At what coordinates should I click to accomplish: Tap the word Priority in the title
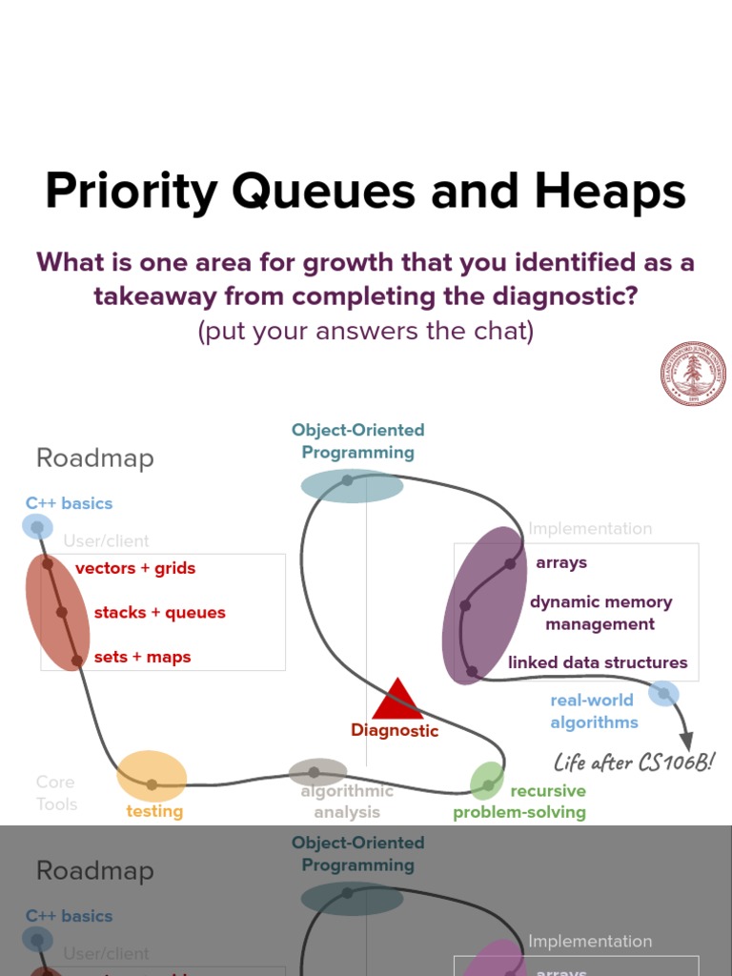point(132,192)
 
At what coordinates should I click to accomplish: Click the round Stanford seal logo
point(693,375)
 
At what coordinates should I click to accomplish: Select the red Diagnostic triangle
point(397,700)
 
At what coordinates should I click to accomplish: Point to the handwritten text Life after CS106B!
point(634,762)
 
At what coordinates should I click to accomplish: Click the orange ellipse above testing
point(152,776)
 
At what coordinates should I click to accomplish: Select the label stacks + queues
point(159,612)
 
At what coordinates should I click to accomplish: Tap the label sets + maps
point(142,657)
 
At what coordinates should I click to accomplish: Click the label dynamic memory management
point(600,613)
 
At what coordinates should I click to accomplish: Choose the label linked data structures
point(598,662)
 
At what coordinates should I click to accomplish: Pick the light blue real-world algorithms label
point(593,711)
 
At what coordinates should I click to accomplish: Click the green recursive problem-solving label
point(520,802)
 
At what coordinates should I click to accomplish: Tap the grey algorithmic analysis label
point(347,802)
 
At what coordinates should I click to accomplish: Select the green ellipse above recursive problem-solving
point(487,781)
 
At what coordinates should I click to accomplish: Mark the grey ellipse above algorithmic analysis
point(317,772)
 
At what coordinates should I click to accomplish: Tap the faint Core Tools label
point(56,793)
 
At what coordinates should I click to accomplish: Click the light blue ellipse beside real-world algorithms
point(663,693)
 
